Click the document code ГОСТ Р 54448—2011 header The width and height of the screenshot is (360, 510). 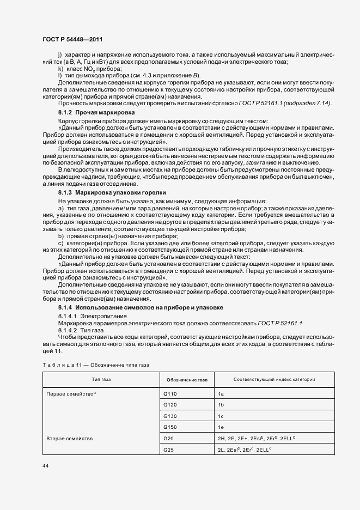pos(72,40)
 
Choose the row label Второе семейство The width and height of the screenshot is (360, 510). pos(70,438)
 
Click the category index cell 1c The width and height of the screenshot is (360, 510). pos(221,416)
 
